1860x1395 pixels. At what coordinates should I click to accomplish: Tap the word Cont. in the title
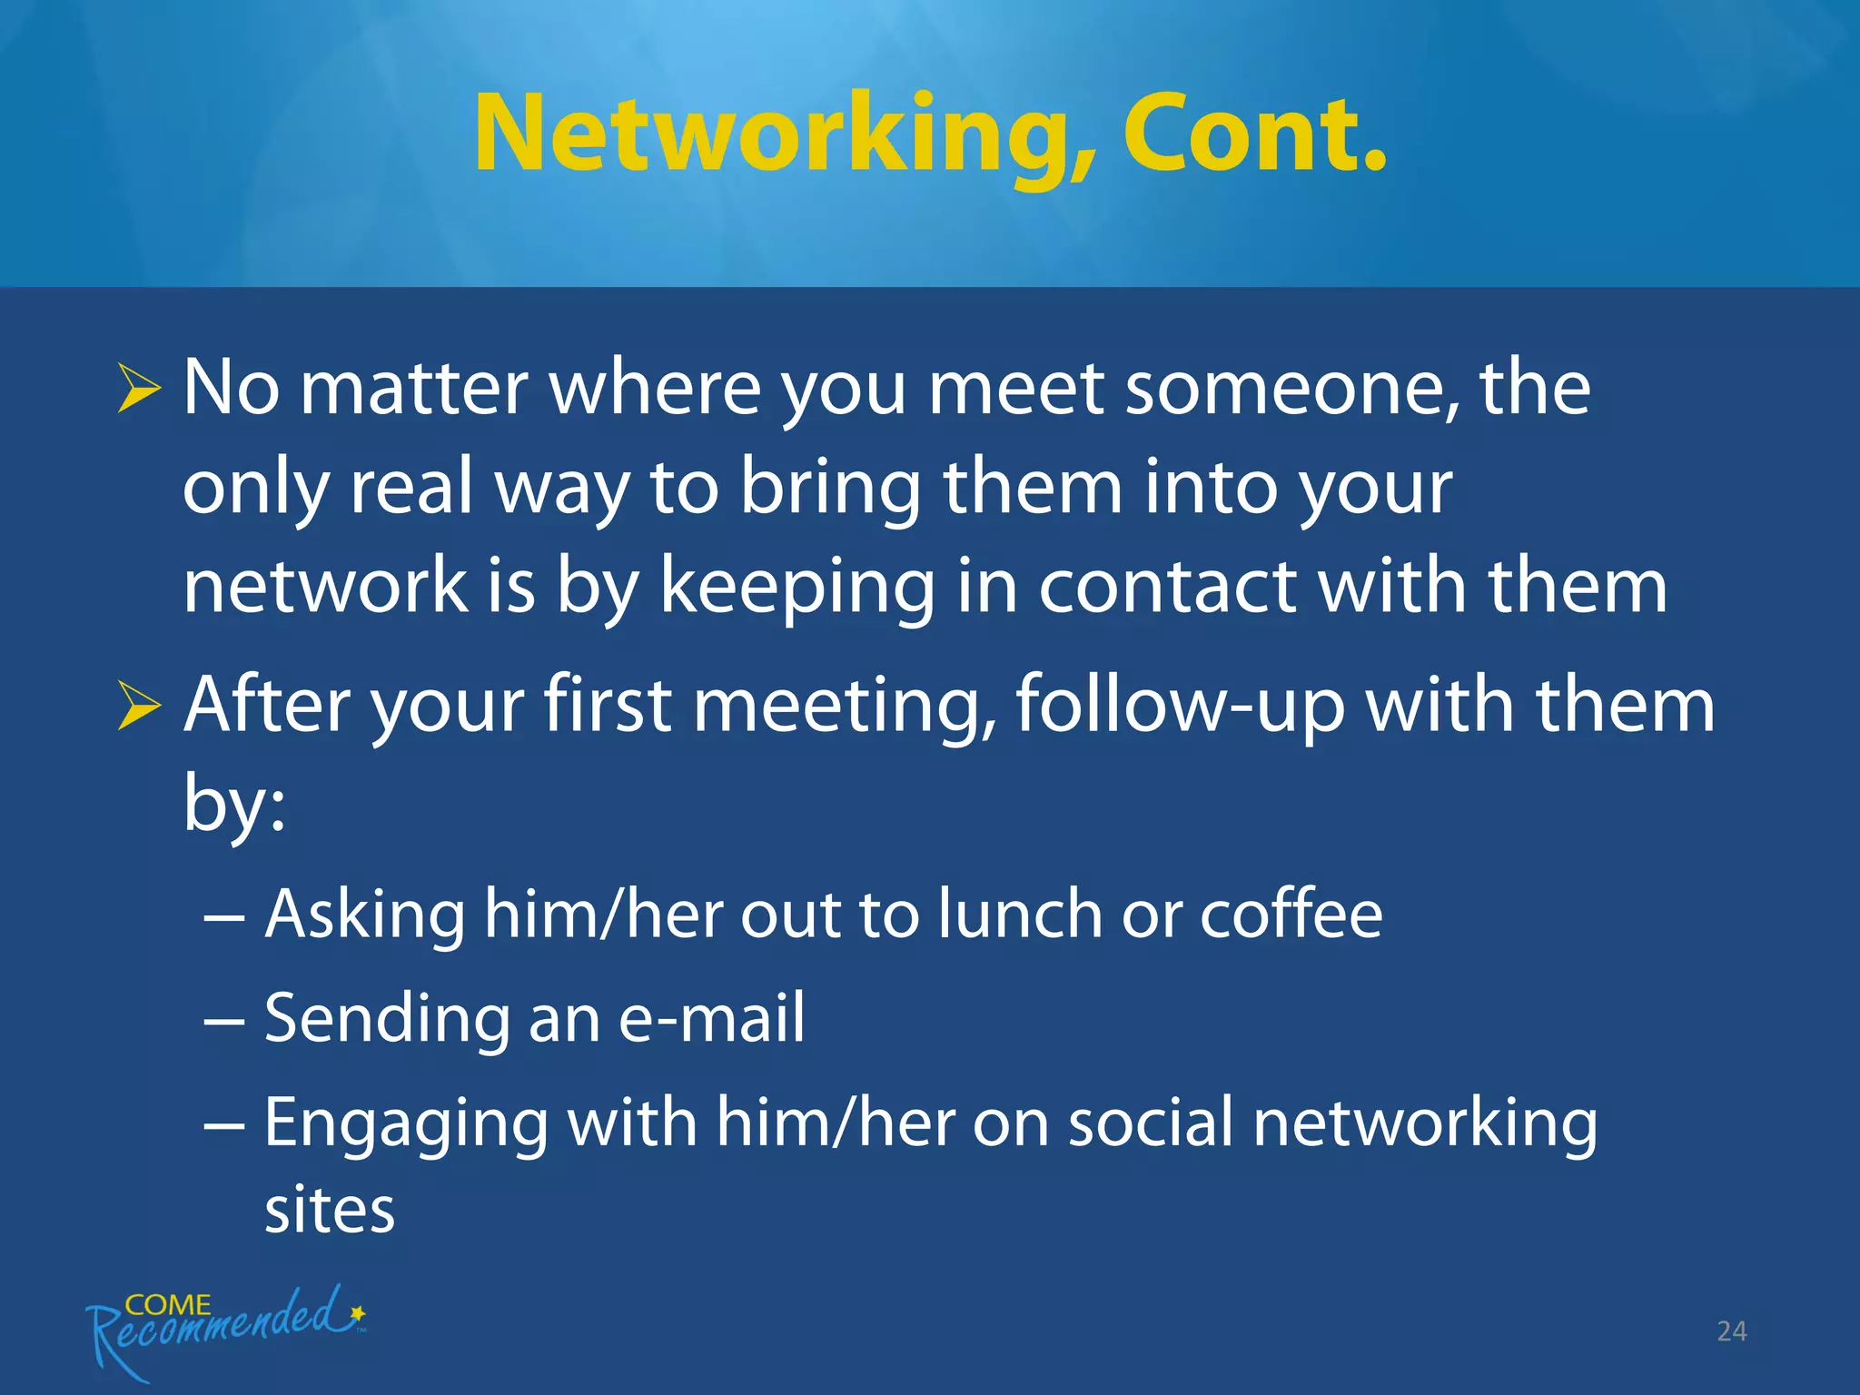coord(1255,134)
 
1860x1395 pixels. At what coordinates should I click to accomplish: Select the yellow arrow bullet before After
coord(139,707)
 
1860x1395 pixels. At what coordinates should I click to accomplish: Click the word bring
coord(830,488)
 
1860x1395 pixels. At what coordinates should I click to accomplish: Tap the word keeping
coord(797,588)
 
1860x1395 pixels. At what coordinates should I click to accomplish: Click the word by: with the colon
coord(234,803)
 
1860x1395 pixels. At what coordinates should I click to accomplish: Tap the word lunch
coord(1020,914)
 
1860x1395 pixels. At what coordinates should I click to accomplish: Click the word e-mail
coord(711,1017)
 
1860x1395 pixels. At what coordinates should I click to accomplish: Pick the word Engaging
coord(406,1124)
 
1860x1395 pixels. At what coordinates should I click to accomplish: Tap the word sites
coord(330,1210)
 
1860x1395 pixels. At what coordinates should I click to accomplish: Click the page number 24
coord(1731,1331)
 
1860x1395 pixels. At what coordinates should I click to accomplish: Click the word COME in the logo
coord(168,1305)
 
